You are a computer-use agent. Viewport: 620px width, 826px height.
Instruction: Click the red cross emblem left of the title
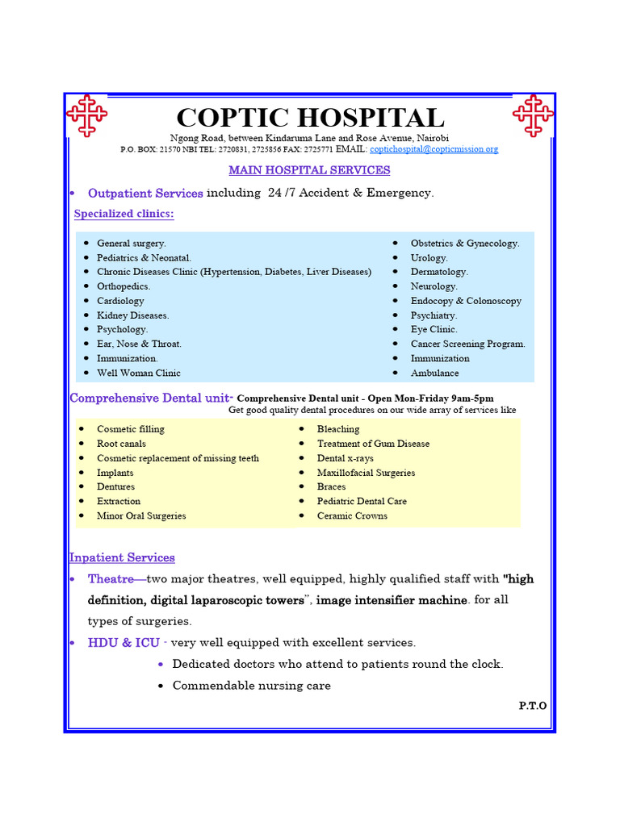click(86, 115)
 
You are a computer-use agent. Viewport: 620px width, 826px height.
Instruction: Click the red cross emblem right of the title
click(533, 115)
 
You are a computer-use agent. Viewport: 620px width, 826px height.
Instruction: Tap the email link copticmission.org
click(434, 149)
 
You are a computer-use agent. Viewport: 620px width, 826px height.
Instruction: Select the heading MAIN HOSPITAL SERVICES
click(309, 170)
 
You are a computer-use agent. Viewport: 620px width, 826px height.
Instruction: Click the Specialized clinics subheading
click(124, 214)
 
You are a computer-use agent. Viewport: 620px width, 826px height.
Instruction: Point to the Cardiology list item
click(120, 301)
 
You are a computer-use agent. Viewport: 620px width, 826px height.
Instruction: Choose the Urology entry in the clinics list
click(429, 257)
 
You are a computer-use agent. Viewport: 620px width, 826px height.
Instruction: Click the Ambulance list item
click(434, 373)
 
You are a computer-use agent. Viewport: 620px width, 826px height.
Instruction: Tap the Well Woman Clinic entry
click(138, 373)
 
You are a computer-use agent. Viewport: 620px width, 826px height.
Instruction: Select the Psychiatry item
click(434, 315)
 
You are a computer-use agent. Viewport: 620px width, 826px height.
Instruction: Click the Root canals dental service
click(121, 444)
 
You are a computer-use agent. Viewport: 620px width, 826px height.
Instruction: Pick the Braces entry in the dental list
click(331, 486)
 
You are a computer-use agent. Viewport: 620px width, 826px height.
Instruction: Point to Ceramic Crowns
click(352, 515)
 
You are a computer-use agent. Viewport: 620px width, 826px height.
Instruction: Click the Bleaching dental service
click(338, 429)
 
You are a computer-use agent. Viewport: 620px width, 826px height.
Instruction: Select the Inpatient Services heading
click(122, 557)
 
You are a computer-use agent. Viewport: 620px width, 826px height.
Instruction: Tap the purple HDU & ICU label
click(124, 643)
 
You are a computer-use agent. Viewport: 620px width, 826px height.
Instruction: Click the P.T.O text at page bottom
click(532, 706)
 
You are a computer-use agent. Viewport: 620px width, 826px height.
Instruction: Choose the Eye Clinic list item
click(434, 329)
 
